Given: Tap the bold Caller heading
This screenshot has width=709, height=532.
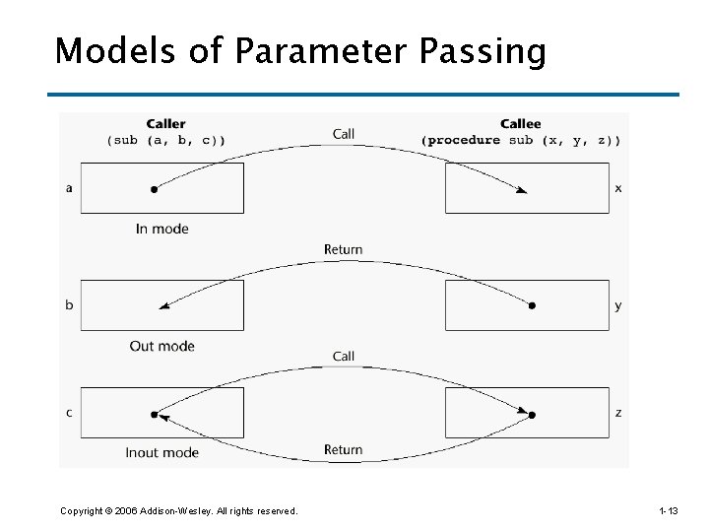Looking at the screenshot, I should click(165, 124).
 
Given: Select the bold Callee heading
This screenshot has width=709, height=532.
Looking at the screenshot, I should click(520, 124).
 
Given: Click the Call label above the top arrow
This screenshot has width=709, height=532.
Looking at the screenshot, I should click(344, 134).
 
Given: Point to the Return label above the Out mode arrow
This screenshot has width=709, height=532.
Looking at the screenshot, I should click(343, 250).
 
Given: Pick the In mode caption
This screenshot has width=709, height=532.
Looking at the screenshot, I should click(161, 229).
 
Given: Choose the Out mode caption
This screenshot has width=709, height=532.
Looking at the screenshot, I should click(161, 346).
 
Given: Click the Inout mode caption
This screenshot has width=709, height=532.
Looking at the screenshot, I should click(161, 453).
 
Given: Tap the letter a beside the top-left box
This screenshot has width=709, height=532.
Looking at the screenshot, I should click(68, 188).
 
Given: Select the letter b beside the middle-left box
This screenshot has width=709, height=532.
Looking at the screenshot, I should click(68, 305).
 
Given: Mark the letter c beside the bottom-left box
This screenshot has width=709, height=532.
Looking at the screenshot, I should click(68, 413).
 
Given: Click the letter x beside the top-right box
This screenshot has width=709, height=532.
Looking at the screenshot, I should click(618, 188).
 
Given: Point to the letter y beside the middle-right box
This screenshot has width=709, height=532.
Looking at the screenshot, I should click(618, 305).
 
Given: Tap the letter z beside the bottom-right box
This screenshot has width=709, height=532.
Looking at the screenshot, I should click(618, 413).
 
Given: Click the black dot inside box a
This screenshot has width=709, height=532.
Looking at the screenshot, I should click(154, 189).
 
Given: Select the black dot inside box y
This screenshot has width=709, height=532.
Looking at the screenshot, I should click(532, 306).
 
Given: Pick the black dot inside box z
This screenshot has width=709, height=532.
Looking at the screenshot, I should click(532, 415).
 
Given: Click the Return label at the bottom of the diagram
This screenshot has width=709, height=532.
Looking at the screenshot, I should click(343, 450).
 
